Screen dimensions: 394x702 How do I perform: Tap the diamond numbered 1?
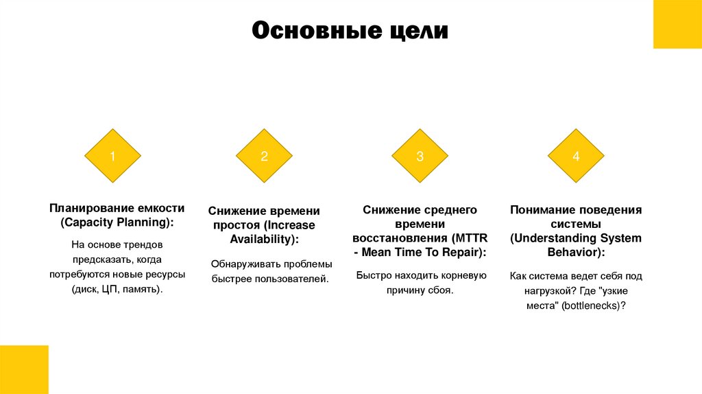112,156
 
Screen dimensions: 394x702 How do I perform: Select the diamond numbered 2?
264,156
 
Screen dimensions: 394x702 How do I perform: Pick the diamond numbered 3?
420,156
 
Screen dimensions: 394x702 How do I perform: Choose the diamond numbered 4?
576,156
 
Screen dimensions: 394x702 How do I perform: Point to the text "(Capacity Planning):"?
117,223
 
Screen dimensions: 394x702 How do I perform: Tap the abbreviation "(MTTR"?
470,238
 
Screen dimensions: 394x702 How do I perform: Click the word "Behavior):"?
576,253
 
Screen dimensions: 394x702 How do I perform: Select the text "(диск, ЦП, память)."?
117,290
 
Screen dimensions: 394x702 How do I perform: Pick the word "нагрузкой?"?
548,291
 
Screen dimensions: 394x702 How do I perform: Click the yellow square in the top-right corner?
677,24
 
